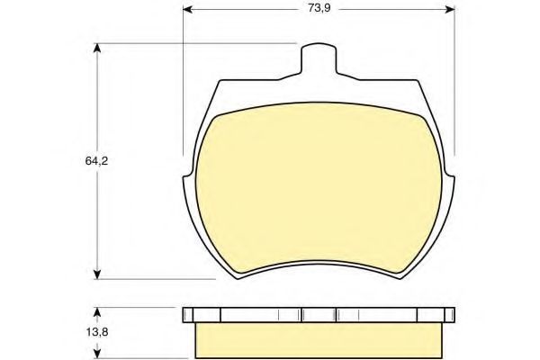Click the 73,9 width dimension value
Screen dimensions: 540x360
(x=319, y=8)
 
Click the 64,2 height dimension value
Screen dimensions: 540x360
(x=97, y=161)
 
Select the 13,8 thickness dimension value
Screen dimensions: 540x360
(x=97, y=332)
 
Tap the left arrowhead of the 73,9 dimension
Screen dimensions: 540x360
(x=187, y=9)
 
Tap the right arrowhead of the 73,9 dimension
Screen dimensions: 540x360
(x=450, y=9)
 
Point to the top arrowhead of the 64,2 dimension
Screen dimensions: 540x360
(x=97, y=48)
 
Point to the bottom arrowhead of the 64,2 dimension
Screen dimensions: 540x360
(x=97, y=274)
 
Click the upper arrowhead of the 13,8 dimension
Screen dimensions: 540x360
(x=97, y=312)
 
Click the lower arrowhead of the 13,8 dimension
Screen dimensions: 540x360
(x=97, y=354)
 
